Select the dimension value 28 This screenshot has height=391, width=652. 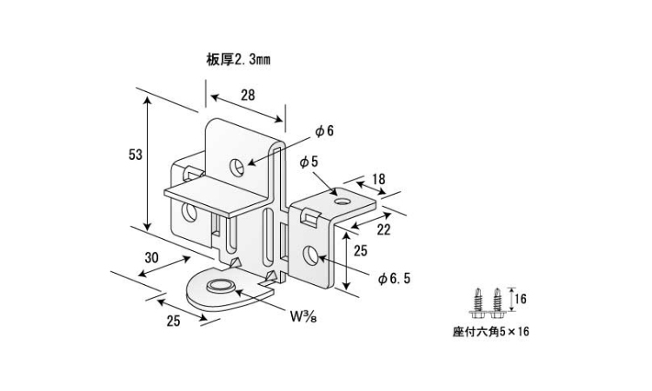pos(247,96)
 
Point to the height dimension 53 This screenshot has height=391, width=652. pos(135,155)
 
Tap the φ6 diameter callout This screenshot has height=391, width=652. pos(324,131)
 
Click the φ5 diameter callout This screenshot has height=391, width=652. pos(309,162)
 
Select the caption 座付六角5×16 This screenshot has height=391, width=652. pos(490,332)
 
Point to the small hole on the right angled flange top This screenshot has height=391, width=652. pos(341,202)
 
